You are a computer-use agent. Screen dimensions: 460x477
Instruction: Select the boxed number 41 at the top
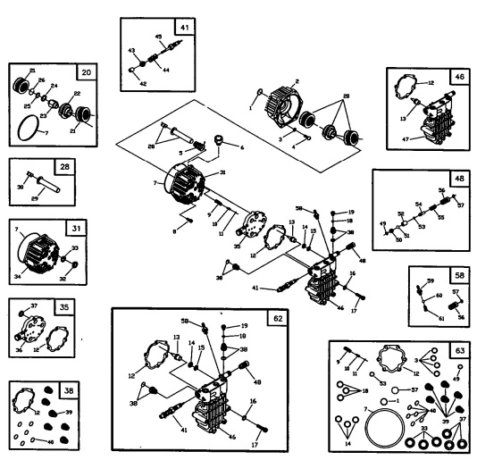click(183, 26)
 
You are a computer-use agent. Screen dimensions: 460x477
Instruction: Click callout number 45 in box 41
click(158, 37)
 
